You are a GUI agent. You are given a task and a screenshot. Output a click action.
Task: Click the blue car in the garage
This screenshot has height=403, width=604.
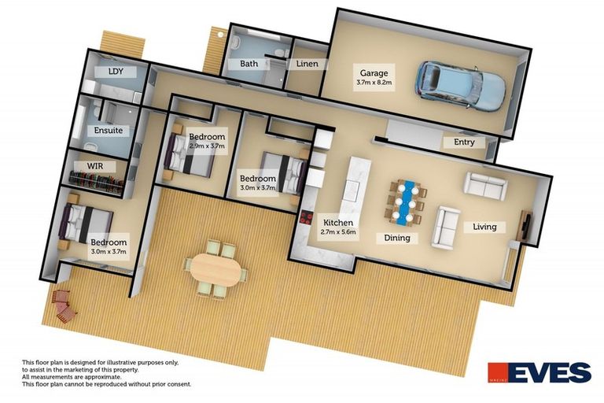[460, 86]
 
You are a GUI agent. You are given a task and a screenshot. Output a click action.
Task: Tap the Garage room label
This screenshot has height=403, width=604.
[374, 77]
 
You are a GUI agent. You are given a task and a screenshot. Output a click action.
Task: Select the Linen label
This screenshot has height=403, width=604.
[308, 64]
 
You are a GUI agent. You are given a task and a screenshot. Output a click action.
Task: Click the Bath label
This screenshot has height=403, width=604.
[249, 64]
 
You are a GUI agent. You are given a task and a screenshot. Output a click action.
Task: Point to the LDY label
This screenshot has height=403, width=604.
[116, 72]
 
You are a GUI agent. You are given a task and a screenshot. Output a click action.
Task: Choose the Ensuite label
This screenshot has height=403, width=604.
[109, 131]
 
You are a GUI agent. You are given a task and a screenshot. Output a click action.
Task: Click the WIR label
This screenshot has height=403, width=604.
[95, 166]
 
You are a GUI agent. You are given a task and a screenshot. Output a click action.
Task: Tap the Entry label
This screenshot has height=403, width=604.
[464, 142]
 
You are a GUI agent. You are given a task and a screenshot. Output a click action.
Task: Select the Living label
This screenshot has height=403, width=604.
[484, 227]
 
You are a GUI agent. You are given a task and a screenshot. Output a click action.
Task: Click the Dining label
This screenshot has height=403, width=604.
[397, 238]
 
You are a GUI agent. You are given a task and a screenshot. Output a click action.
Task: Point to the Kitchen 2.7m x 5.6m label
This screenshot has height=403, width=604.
[338, 227]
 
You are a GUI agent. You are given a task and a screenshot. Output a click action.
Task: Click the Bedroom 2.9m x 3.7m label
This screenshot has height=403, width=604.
[207, 141]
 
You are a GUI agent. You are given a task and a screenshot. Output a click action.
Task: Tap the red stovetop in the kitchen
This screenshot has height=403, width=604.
[307, 218]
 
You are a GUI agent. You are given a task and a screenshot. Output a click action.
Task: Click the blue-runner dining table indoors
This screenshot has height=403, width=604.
[407, 201]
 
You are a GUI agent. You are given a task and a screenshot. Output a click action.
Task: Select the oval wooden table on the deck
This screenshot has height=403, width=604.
[215, 269]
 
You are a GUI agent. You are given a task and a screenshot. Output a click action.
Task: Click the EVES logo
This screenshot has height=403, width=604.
[540, 372]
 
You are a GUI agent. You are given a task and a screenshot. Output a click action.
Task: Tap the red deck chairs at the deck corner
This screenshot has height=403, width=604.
[64, 306]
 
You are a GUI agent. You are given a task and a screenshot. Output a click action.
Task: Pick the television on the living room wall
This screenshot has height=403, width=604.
[525, 225]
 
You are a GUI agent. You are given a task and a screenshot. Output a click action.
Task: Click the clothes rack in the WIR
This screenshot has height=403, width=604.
[96, 182]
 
